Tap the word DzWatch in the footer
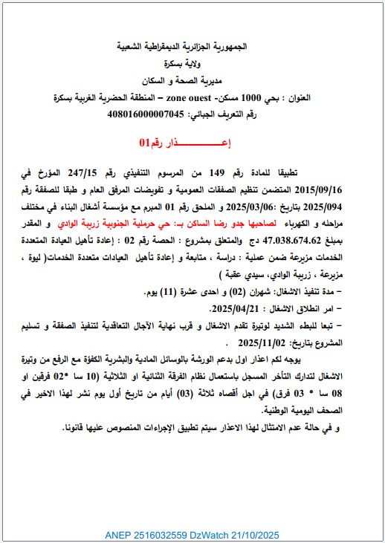(205, 533)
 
